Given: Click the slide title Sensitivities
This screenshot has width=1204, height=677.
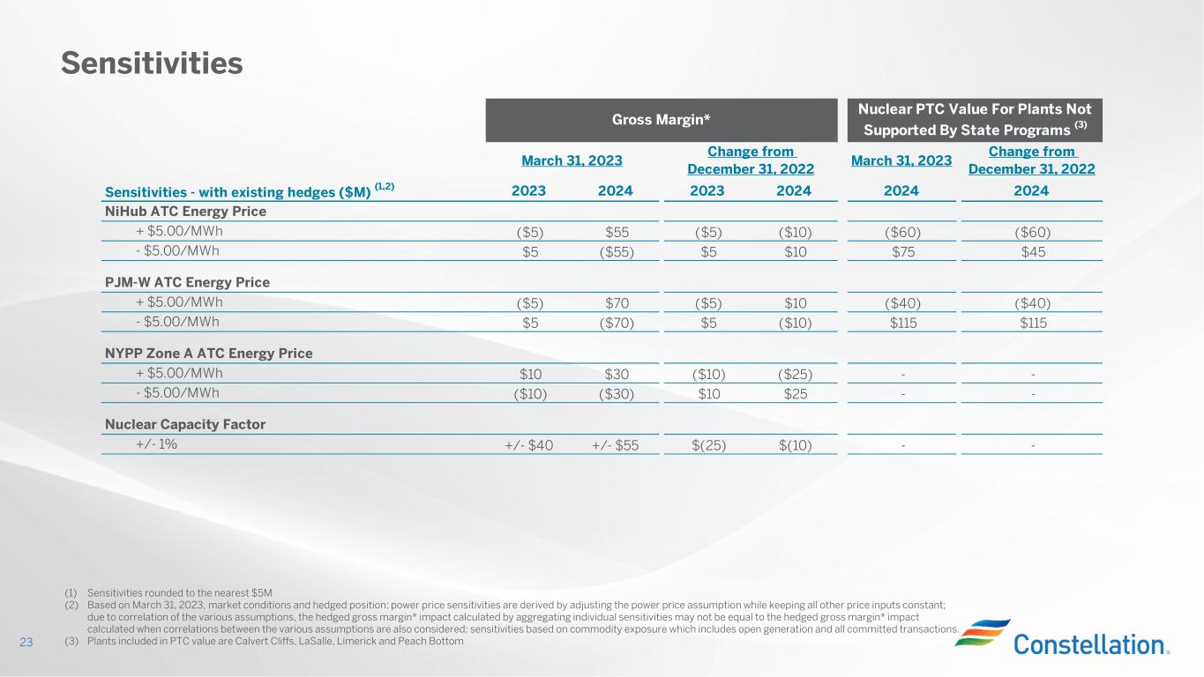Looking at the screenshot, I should click(x=151, y=63).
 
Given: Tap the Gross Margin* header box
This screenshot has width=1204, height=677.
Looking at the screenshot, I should click(x=661, y=120).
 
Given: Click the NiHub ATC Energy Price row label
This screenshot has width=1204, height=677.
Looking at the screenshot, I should click(x=185, y=212).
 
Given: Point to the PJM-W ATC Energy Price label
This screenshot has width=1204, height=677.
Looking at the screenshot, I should click(x=187, y=282).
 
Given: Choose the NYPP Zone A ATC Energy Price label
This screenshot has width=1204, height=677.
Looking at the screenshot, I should click(x=208, y=353).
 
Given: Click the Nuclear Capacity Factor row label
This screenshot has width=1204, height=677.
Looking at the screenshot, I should click(x=185, y=424).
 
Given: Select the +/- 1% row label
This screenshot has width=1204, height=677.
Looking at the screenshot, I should click(x=156, y=444).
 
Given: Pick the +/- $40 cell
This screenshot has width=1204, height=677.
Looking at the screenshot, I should click(x=529, y=445).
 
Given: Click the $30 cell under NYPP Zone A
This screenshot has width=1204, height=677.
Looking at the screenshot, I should click(x=616, y=374).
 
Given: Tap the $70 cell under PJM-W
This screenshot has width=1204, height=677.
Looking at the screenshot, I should click(x=616, y=303).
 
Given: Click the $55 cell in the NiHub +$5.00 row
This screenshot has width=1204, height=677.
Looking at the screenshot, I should click(x=616, y=233).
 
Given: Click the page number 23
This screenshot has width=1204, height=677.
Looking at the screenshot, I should click(x=26, y=643).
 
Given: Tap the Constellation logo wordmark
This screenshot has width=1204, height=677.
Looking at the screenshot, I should click(x=1091, y=644).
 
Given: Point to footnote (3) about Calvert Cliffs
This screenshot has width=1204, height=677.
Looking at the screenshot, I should click(x=265, y=641).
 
